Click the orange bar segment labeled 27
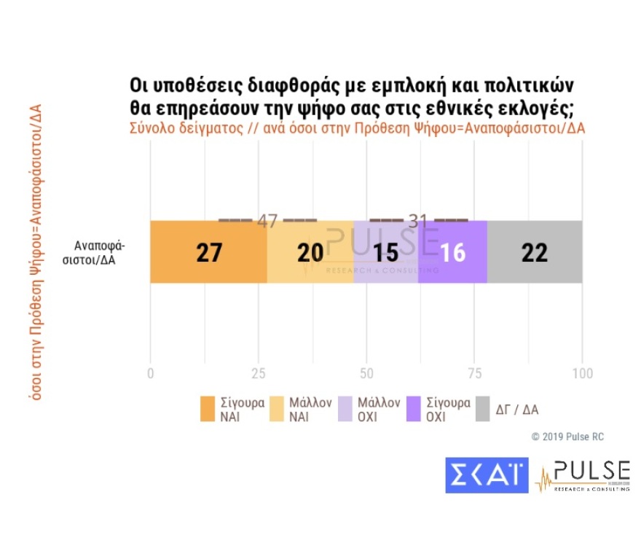click(x=208, y=251)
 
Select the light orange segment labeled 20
click(x=310, y=251)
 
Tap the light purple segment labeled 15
click(x=386, y=251)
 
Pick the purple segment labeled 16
click(x=452, y=251)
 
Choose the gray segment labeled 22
click(x=534, y=251)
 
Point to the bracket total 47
click(x=267, y=221)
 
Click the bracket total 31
click(x=418, y=221)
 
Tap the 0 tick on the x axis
click(x=150, y=373)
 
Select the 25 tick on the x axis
click(x=257, y=373)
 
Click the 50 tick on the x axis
click(x=366, y=373)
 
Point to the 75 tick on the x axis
click(x=473, y=373)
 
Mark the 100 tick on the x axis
click(x=581, y=373)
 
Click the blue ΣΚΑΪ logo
click(x=487, y=474)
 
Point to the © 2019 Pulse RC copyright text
click(x=567, y=437)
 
